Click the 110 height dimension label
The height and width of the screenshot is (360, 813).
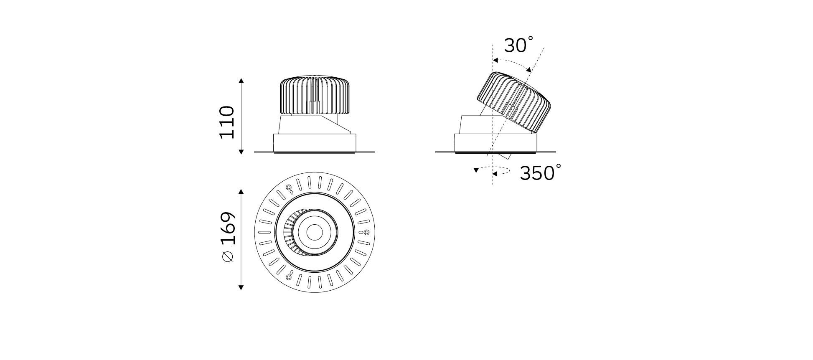227,122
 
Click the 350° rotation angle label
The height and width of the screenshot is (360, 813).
540,172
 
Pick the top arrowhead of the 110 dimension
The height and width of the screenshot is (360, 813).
241,80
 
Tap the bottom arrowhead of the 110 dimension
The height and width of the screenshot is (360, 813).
241,152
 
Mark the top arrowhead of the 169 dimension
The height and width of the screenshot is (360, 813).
241,191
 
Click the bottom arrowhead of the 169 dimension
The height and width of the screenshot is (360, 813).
241,287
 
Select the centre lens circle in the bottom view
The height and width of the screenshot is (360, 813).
314,232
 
